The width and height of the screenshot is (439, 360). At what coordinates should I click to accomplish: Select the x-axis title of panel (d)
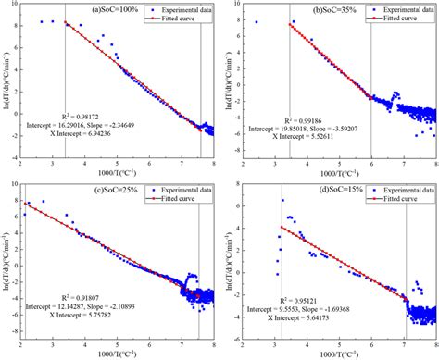click(335, 354)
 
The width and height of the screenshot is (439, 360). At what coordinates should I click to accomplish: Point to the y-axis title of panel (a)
click(6, 81)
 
